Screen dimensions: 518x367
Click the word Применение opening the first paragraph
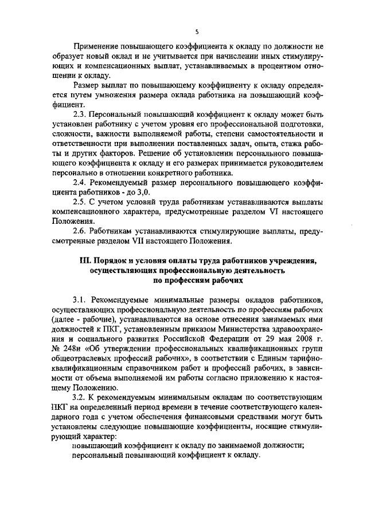click(x=98, y=46)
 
